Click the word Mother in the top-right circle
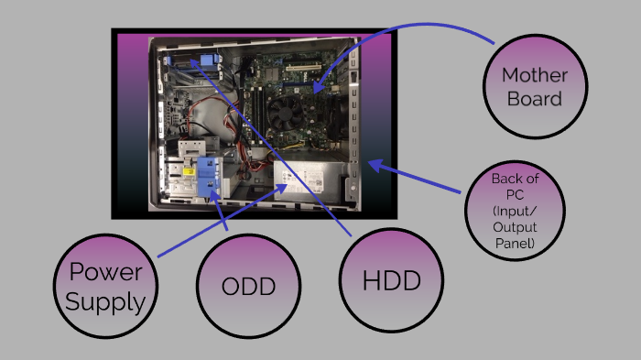pyautogui.click(x=535, y=74)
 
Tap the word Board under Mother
pyautogui.click(x=535, y=97)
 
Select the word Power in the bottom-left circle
pyautogui.click(x=104, y=271)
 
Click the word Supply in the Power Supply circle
pyautogui.click(x=105, y=300)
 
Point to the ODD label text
pyautogui.click(x=249, y=287)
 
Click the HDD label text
pyautogui.click(x=391, y=280)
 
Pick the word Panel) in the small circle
pyautogui.click(x=515, y=243)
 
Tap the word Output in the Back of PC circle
pyautogui.click(x=515, y=226)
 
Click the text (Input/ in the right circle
pyautogui.click(x=515, y=211)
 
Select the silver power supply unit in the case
pyautogui.click(x=308, y=182)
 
